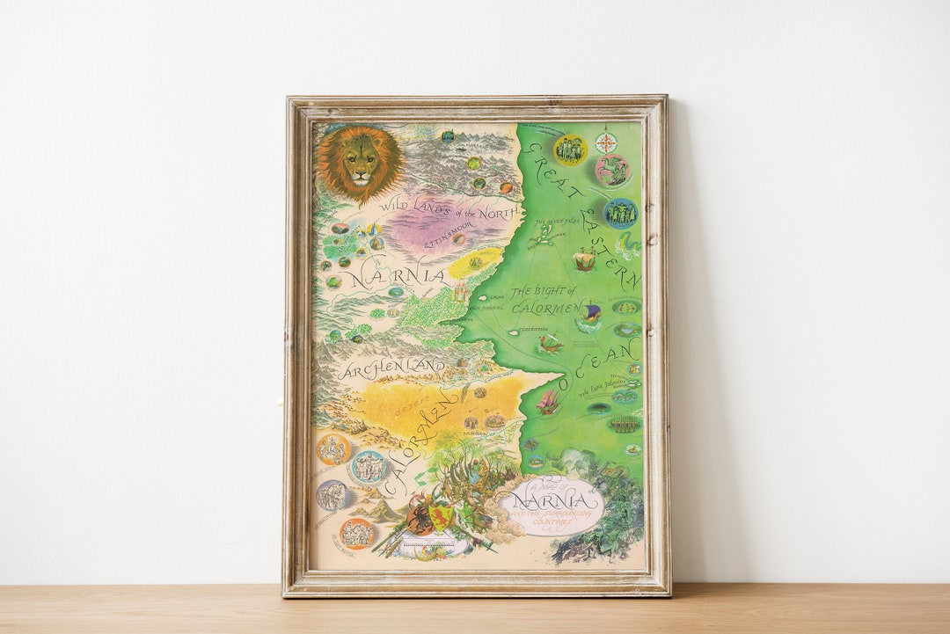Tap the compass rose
(x=606, y=142)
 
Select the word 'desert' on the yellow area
(x=412, y=409)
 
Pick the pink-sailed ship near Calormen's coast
(x=549, y=404)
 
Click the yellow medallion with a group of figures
(x=570, y=149)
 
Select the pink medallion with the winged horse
(x=612, y=171)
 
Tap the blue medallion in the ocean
(x=620, y=213)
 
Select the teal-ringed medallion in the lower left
(x=369, y=467)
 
